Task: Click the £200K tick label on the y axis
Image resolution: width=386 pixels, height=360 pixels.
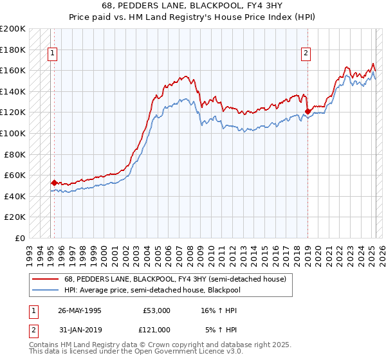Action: click(x=13, y=29)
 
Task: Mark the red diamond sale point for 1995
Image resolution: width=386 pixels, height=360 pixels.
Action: click(x=54, y=183)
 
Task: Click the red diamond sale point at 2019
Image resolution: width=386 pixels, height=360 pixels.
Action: click(x=308, y=111)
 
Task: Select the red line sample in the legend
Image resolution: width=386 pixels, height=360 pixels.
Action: click(x=45, y=278)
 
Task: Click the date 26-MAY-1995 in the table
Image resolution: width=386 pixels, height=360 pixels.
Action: click(x=80, y=310)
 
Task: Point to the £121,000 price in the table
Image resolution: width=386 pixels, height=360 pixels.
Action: click(x=156, y=329)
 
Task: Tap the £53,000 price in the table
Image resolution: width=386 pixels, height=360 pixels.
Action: click(x=156, y=310)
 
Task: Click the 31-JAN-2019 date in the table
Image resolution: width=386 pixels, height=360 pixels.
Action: click(x=80, y=329)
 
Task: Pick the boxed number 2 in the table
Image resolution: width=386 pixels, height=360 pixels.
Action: click(x=32, y=329)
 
